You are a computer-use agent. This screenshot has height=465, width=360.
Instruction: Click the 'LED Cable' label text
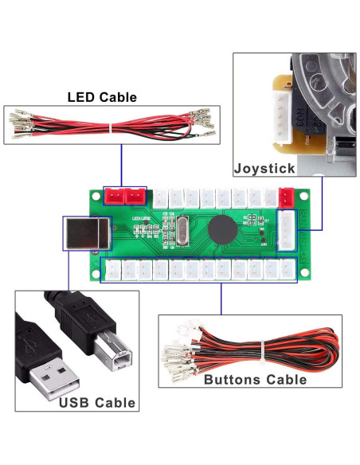[x=101, y=97]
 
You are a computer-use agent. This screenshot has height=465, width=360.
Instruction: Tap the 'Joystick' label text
[x=265, y=168]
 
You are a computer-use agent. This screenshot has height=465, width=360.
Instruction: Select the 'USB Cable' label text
[x=96, y=402]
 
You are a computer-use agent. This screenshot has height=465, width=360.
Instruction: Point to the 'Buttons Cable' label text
[x=255, y=379]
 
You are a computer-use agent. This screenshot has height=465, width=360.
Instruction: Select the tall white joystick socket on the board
[x=287, y=229]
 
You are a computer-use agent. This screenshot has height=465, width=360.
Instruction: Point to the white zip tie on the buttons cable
[x=260, y=348]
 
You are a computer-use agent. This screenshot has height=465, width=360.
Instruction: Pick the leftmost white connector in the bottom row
[x=115, y=270]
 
